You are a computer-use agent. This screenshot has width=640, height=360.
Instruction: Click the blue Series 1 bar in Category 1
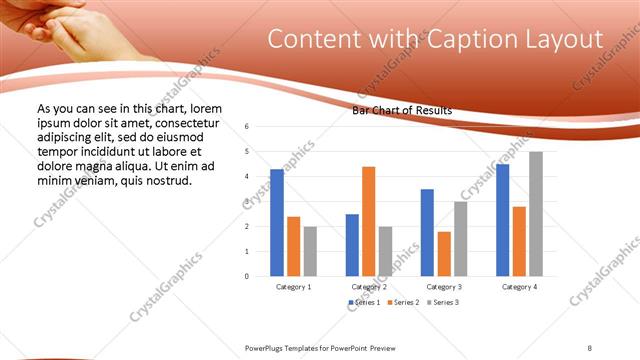point(277,223)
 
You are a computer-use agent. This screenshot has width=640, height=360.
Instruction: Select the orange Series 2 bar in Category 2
point(368,221)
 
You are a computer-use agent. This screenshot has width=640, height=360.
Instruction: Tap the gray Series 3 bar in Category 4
point(536,214)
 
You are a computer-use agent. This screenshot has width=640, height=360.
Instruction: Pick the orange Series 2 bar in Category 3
point(444,254)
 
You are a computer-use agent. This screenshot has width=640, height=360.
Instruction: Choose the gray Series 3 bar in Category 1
point(310,251)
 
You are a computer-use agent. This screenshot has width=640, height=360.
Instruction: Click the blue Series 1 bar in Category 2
point(352,245)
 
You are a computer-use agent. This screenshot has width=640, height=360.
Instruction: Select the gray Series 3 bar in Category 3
point(460,239)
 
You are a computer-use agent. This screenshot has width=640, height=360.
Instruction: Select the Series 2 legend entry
point(402,302)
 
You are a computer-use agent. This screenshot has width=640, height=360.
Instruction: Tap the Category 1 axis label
point(293,287)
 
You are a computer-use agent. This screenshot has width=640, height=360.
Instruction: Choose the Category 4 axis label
point(519,287)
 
